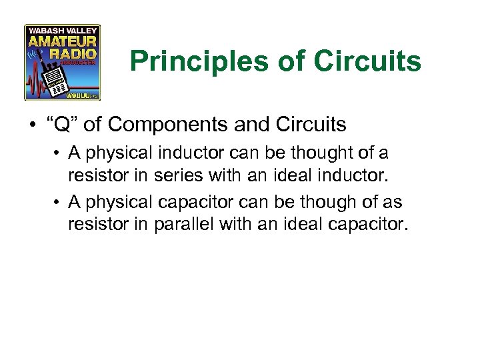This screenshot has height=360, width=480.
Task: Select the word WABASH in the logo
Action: click(x=46, y=31)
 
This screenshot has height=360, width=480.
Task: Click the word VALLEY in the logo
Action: click(x=81, y=31)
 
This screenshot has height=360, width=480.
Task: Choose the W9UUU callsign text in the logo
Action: click(x=79, y=95)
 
